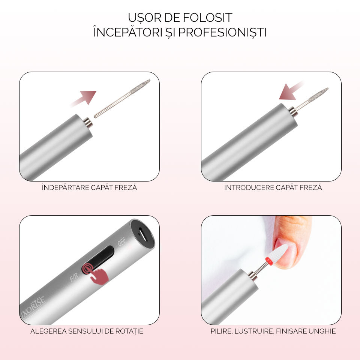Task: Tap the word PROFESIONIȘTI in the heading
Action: point(222,32)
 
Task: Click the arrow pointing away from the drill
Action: point(84,98)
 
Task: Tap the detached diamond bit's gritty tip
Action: point(141,86)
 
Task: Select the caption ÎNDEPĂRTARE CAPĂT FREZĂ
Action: point(89,187)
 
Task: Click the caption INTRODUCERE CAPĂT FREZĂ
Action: point(273,187)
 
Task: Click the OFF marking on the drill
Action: point(121,242)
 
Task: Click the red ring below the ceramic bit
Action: point(269,261)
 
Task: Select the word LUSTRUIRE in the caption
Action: point(254,331)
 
